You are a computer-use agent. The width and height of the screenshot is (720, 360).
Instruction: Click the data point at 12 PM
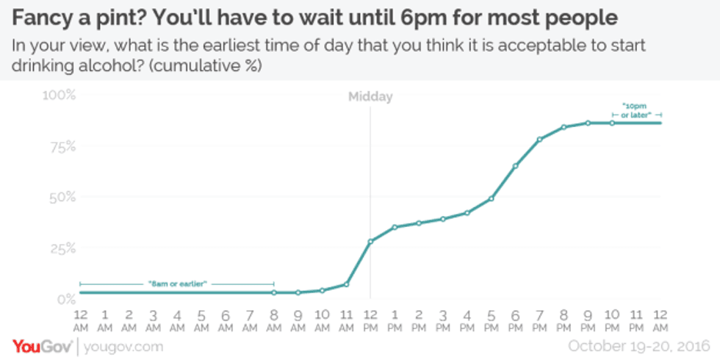(x=370, y=241)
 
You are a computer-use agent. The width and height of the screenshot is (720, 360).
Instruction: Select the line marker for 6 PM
(x=515, y=166)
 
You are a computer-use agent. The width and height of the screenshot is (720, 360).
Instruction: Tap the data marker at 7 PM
(x=539, y=139)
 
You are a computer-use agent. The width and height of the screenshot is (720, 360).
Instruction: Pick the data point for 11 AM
(x=346, y=284)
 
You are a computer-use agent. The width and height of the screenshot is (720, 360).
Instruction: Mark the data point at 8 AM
(x=273, y=292)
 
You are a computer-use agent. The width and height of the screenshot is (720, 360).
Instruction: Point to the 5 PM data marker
(x=491, y=198)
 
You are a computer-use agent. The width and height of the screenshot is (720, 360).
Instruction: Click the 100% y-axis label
(x=59, y=95)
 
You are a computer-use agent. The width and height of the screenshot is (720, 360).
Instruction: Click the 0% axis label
(x=65, y=299)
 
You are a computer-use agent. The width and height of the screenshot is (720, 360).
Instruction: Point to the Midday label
(x=370, y=96)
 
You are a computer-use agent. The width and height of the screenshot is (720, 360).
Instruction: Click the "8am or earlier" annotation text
(x=177, y=284)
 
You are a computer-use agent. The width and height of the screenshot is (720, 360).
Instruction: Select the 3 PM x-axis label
(x=442, y=320)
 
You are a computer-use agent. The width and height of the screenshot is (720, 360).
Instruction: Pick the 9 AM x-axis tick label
(x=298, y=320)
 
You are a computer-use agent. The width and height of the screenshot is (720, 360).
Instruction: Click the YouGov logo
(x=41, y=346)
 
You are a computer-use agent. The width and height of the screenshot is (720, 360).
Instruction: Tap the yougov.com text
(x=123, y=346)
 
